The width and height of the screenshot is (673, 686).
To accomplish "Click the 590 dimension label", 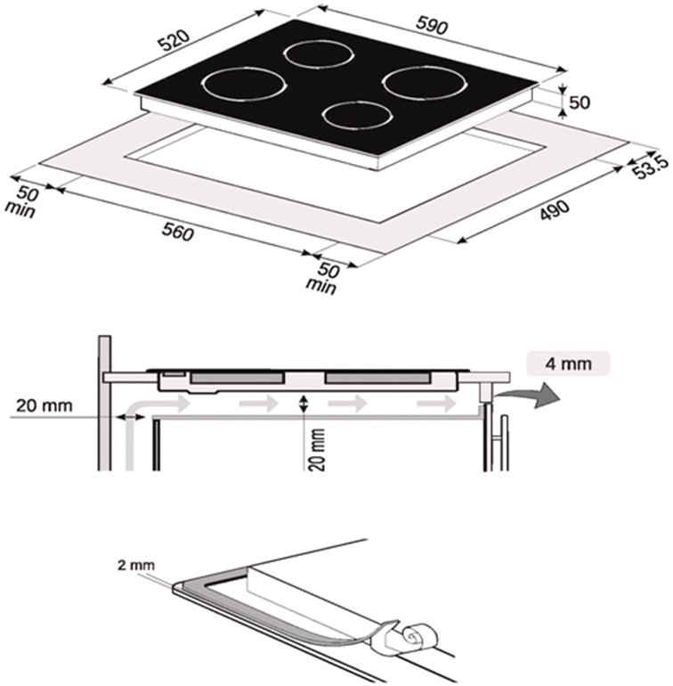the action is (x=432, y=25).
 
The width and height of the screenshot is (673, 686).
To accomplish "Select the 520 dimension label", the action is (x=174, y=40).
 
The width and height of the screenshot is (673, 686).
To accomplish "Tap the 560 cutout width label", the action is (x=177, y=232).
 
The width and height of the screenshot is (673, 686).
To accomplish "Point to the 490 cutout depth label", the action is (x=555, y=210).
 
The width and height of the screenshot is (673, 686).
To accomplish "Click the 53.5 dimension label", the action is (x=652, y=166).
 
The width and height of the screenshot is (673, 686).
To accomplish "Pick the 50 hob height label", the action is (x=580, y=102).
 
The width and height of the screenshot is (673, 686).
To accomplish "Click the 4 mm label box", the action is (x=568, y=363).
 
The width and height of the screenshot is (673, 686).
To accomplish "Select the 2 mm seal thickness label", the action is (x=136, y=565).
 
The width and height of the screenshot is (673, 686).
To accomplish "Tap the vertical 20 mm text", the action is (x=318, y=449).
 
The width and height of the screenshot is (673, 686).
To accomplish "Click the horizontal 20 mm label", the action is (x=45, y=405).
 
